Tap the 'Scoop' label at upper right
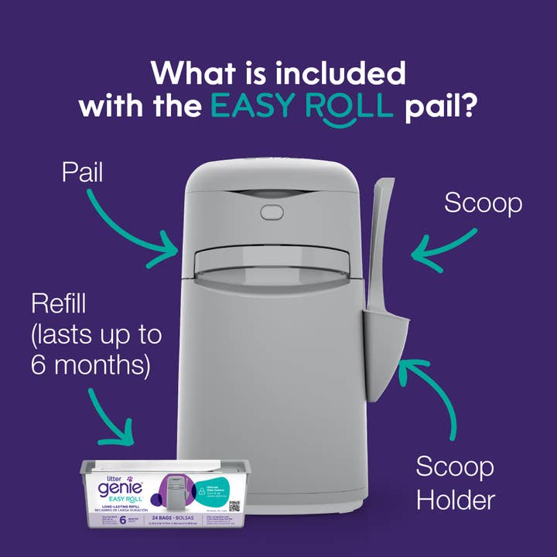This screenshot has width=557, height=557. [x=483, y=203]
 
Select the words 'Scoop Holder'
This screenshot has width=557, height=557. [x=456, y=484]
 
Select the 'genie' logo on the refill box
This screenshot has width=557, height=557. [x=116, y=486]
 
